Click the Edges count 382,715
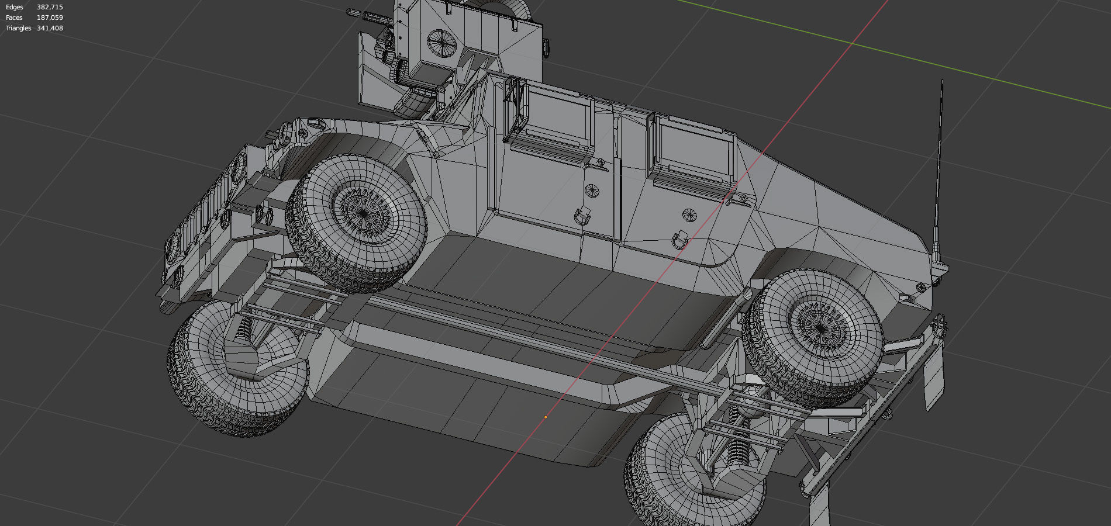click(x=50, y=7)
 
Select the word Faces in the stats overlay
click(x=14, y=18)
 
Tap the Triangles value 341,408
click(x=50, y=28)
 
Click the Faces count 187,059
click(x=50, y=18)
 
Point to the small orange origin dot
click(x=546, y=417)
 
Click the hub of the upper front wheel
click(x=363, y=214)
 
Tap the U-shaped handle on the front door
click(x=581, y=216)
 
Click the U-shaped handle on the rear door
click(x=680, y=240)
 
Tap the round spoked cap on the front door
click(x=591, y=190)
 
